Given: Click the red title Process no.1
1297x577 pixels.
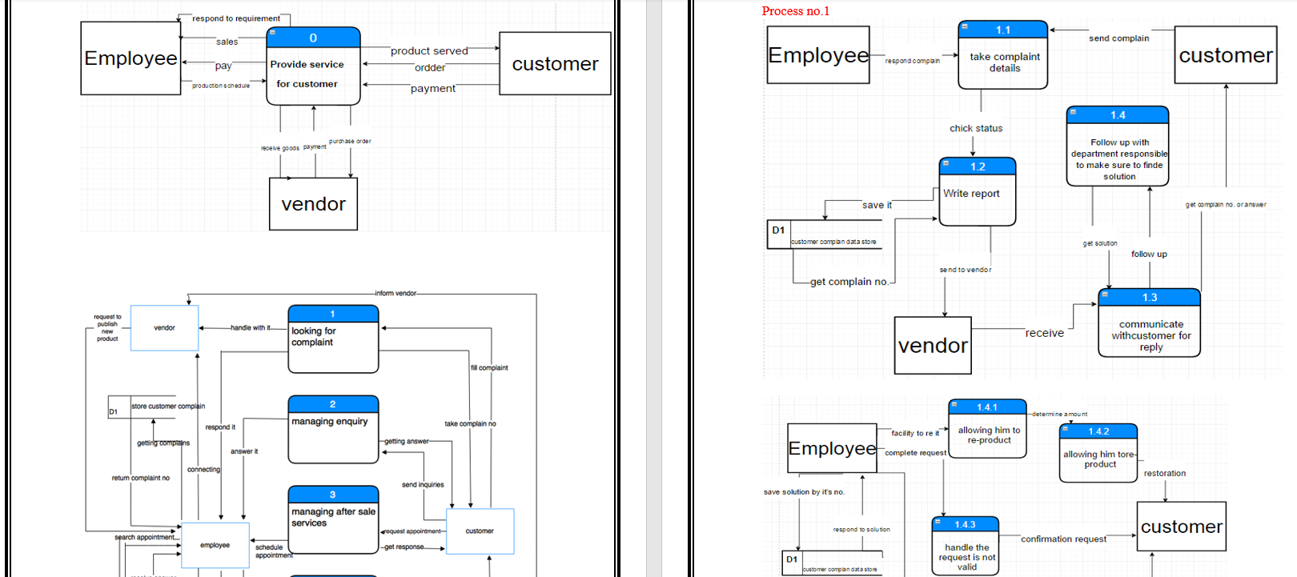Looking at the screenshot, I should [795, 11].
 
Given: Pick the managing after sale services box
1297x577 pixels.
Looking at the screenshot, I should [333, 519].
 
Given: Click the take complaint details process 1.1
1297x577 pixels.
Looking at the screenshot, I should [1003, 55].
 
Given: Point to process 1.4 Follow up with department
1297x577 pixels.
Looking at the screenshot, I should [1118, 147].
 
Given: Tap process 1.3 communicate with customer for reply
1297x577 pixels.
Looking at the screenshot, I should [1149, 323].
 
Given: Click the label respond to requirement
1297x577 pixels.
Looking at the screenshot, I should [236, 18].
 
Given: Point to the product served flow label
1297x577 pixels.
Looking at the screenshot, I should [429, 51].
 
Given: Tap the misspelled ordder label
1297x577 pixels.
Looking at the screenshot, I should [430, 68].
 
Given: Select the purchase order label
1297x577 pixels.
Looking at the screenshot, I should [350, 141].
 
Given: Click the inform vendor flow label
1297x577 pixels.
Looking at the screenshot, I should [396, 293].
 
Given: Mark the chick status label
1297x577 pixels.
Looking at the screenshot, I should [976, 128].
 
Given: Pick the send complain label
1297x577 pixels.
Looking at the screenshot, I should [1118, 38].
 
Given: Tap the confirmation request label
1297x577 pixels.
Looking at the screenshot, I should [1063, 539].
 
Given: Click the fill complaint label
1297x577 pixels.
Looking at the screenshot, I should [489, 367].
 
